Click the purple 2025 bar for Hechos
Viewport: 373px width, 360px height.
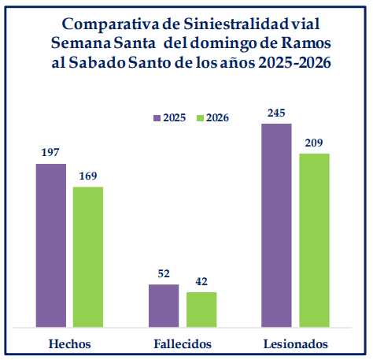pos(51,245)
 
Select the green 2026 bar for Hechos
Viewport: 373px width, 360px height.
pos(88,256)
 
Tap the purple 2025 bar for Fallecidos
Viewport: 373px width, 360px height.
pos(164,305)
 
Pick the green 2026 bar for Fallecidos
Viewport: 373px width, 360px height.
pos(201,309)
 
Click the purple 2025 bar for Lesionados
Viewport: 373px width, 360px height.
pos(276,225)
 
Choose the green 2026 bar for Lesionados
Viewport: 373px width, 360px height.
pos(314,239)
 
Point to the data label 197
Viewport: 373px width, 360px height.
pos(51,154)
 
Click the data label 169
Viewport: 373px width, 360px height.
pos(88,176)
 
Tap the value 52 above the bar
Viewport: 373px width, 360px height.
pos(164,273)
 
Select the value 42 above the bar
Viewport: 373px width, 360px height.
pos(201,281)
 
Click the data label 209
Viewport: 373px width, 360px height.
pos(314,143)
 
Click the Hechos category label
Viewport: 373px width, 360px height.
pos(69,344)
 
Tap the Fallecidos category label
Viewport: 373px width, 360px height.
pos(182,344)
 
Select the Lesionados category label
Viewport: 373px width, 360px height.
pos(296,344)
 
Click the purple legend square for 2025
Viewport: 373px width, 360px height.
pos(157,117)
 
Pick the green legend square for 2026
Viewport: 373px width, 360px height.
pos(200,117)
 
